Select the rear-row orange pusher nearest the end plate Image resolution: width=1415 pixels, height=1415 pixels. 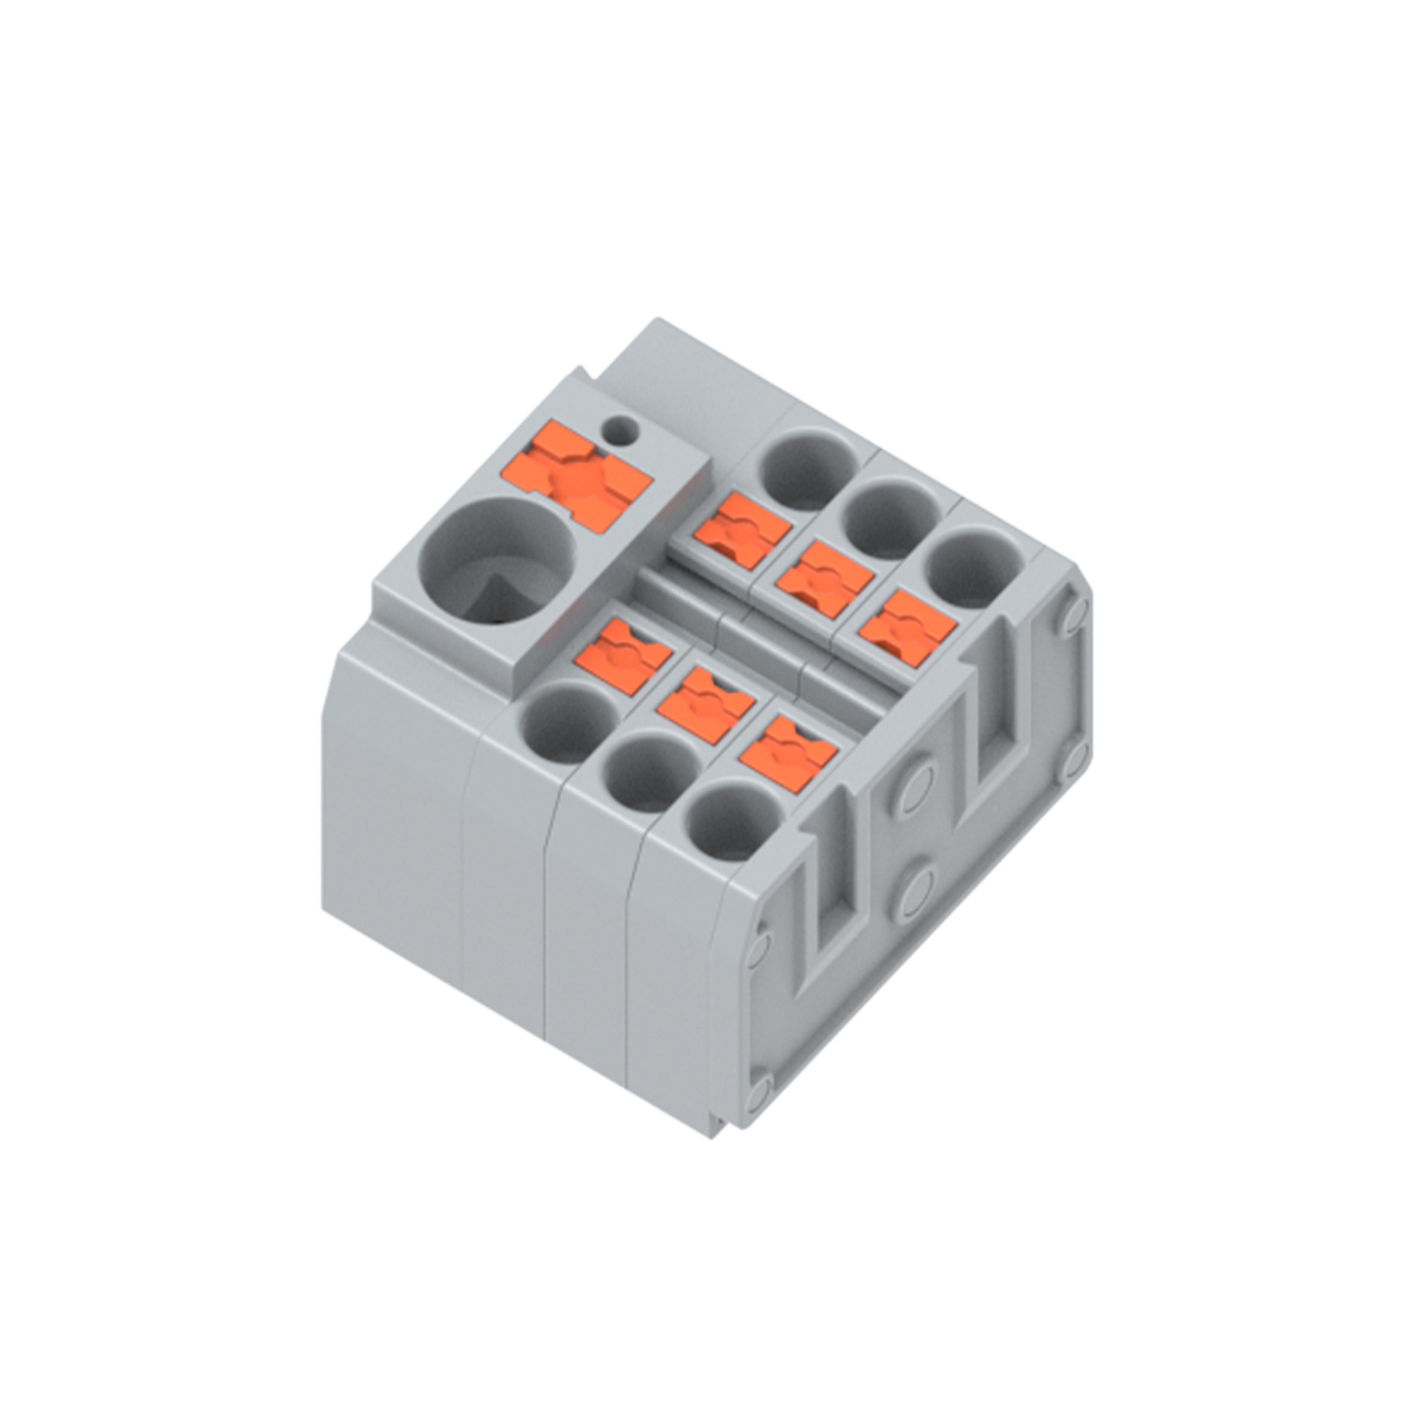[x=908, y=628]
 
